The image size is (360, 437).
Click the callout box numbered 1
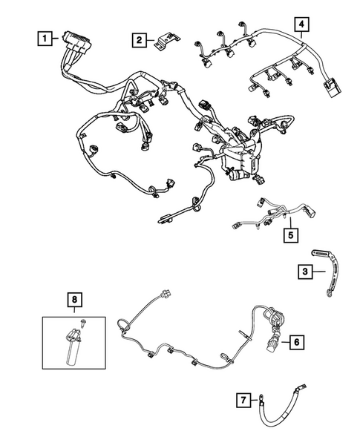tap(45, 39)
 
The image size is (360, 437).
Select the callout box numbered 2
tap(139, 40)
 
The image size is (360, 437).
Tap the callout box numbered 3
tap(305, 272)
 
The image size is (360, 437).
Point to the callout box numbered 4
tap(301, 24)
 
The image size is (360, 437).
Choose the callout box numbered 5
tap(291, 235)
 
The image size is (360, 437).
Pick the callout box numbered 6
tap(297, 342)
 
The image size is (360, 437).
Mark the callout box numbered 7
tap(243, 400)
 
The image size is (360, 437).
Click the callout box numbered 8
tap(74, 300)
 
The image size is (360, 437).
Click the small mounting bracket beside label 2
tap(166, 42)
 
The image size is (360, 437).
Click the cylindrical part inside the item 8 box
tap(73, 347)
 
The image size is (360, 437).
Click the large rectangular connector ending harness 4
tap(332, 88)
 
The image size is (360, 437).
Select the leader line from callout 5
tap(290, 223)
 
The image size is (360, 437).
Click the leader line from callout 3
tap(318, 272)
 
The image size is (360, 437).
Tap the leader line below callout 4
tap(301, 35)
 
